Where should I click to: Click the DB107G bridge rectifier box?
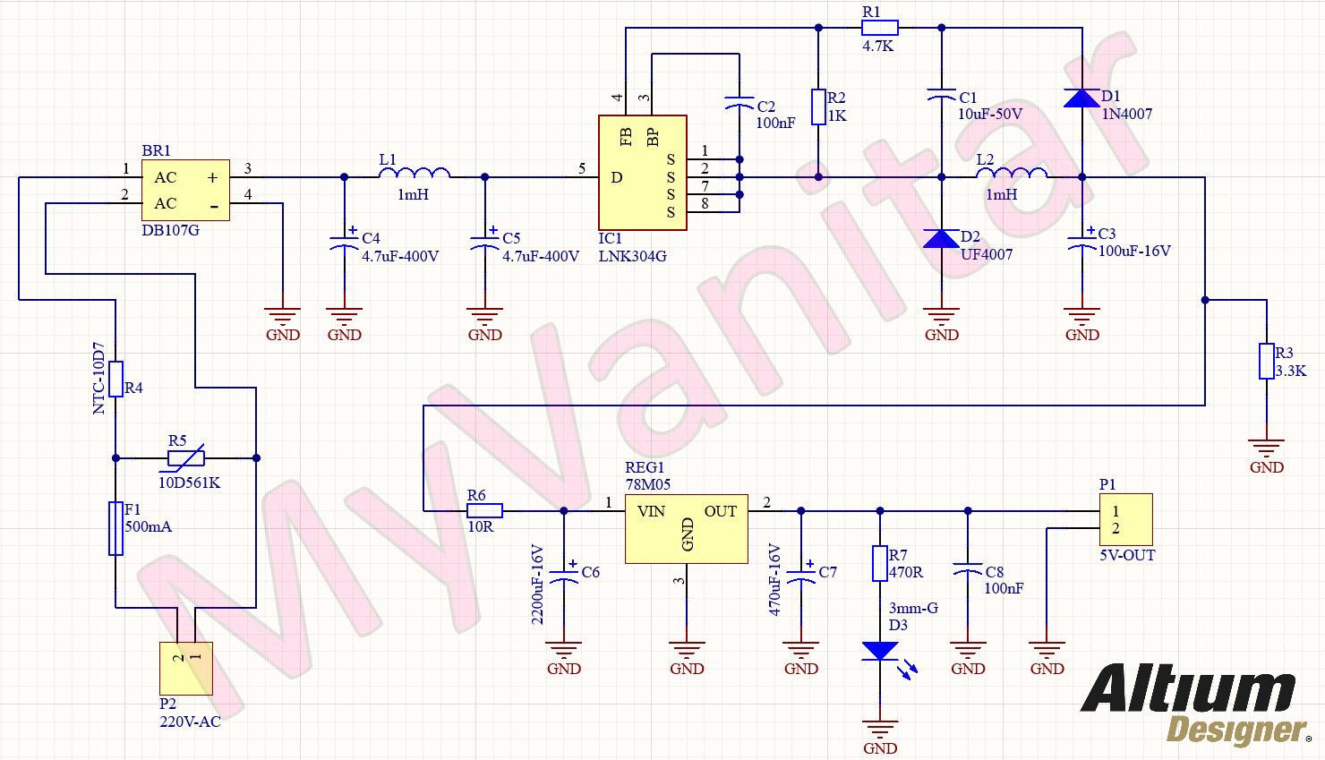[x=185, y=190]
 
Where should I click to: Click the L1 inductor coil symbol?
[x=415, y=174]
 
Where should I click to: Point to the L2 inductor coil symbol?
[x=1012, y=174]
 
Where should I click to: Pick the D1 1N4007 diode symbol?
[x=1081, y=98]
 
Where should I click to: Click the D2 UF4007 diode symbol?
[x=941, y=238]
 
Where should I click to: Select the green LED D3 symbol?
[x=880, y=651]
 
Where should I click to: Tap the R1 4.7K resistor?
[x=879, y=28]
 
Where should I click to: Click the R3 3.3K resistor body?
[x=1266, y=361]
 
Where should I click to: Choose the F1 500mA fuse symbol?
[x=115, y=528]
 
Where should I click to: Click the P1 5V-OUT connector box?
[x=1125, y=520]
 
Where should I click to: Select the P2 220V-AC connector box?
[x=186, y=669]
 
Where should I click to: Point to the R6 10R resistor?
[x=484, y=510]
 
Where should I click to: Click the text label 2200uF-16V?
[x=538, y=584]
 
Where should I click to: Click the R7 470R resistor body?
[x=879, y=563]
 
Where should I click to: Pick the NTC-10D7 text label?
[x=99, y=378]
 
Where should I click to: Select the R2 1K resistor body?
[x=818, y=107]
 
